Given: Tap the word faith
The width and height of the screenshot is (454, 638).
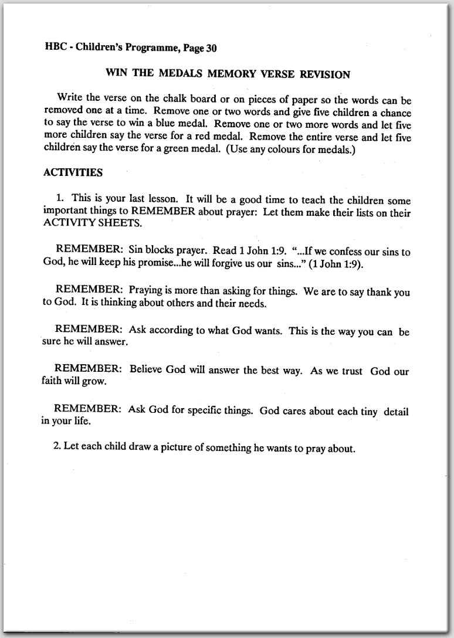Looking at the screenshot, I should click(x=52, y=382).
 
